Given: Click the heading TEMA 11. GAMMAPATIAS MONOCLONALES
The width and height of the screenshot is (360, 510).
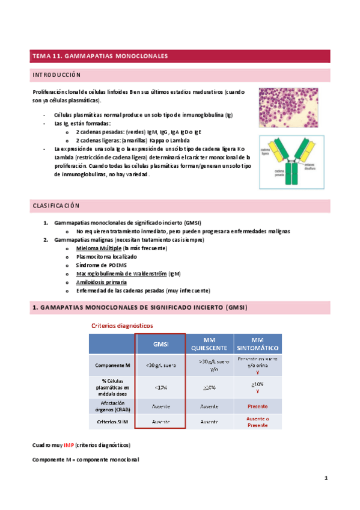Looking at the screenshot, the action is click(100, 56).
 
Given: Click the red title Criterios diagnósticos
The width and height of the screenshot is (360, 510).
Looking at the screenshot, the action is click(122, 325).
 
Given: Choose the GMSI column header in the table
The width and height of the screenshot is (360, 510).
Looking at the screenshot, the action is click(160, 344).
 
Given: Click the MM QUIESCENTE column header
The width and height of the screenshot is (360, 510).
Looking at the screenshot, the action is click(209, 344).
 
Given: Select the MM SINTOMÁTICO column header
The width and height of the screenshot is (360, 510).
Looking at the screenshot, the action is click(257, 344).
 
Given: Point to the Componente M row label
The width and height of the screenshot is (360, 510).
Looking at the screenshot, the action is click(111, 365).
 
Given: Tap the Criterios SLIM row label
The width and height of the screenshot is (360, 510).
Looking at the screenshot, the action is click(111, 422).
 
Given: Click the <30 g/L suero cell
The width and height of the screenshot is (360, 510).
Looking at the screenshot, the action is click(160, 365).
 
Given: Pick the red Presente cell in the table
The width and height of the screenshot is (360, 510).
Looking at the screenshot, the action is click(257, 406).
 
